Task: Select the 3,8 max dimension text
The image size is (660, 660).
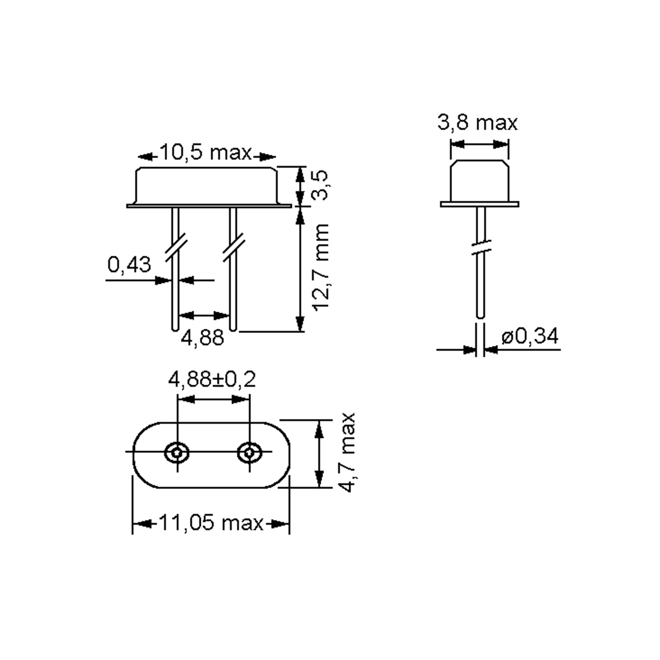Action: pyautogui.click(x=477, y=123)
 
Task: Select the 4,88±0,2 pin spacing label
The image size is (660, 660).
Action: pyautogui.click(x=212, y=380)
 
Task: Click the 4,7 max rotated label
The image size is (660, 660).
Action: pyautogui.click(x=348, y=452)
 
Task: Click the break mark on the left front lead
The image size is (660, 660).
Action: pyautogui.click(x=176, y=247)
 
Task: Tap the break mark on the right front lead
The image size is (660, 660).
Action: pyautogui.click(x=234, y=247)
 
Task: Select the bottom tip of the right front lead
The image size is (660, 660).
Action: pyautogui.click(x=233, y=329)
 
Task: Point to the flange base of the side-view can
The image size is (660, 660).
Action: pyautogui.click(x=480, y=204)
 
